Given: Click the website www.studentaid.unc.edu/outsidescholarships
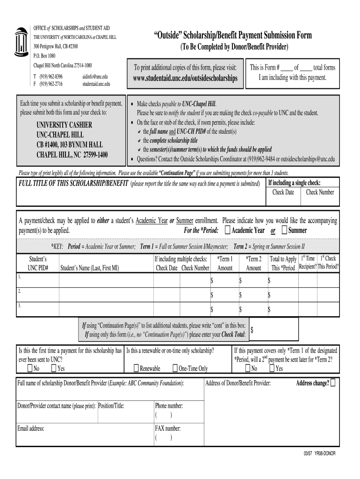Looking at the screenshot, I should [184, 78].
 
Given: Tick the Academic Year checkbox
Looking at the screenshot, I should [227, 230].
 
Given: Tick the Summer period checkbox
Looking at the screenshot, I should [285, 230].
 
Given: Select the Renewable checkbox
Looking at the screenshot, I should [136, 368].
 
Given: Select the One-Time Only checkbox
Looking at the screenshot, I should [175, 368].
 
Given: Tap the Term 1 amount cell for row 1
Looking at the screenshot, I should [224, 280].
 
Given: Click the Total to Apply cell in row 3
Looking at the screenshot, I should [282, 309].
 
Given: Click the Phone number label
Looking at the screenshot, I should [169, 406].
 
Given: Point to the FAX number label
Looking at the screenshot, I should [167, 428].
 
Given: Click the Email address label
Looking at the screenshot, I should [31, 428].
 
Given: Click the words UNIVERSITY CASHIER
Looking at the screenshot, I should [64, 125].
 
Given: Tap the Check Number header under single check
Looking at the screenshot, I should [320, 192].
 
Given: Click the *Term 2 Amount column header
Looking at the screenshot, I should [253, 263].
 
